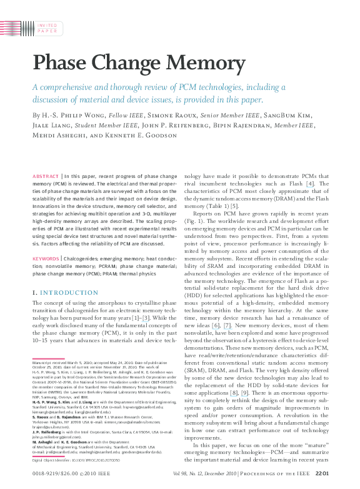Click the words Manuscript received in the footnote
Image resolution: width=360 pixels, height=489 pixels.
[51, 362]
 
